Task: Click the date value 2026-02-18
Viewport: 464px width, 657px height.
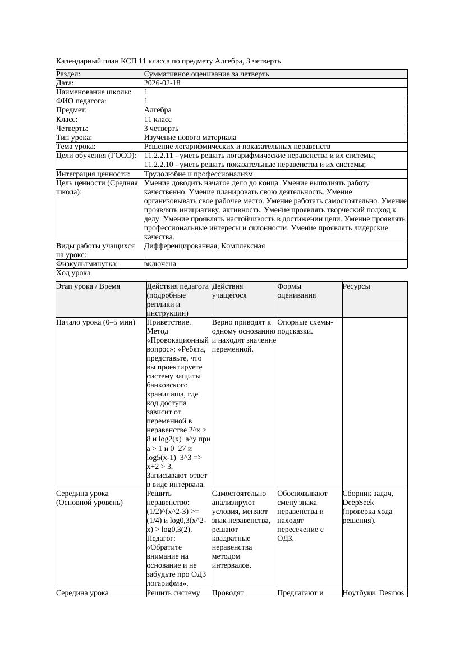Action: point(162,83)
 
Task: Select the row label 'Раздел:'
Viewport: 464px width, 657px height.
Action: point(68,74)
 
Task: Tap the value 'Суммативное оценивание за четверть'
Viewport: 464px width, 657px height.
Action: point(206,74)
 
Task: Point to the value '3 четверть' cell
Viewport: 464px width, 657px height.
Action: point(161,129)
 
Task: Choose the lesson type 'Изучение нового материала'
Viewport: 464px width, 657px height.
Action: point(190,138)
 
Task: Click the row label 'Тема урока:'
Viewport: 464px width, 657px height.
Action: point(76,147)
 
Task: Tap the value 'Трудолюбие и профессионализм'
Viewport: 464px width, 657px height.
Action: point(198,174)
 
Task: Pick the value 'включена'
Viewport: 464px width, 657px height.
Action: point(160,264)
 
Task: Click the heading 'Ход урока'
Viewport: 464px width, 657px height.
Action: point(73,273)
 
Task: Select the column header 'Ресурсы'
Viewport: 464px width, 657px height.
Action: point(356,286)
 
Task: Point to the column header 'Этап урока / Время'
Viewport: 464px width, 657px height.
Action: point(88,286)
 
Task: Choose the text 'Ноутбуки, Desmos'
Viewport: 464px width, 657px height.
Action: point(373,592)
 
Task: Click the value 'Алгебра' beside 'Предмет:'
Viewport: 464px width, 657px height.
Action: point(158,111)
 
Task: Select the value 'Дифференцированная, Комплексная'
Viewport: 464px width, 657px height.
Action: point(204,246)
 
